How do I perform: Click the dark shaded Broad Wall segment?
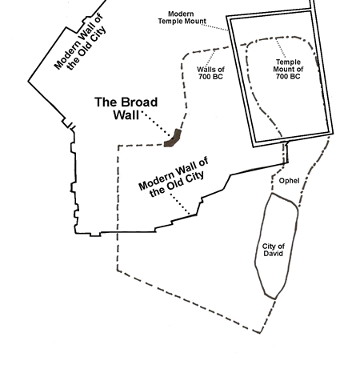[x=173, y=138]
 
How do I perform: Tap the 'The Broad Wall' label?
[x=126, y=109]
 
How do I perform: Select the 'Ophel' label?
[x=289, y=181]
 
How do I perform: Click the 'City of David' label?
[x=274, y=250]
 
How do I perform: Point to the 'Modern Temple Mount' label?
[x=182, y=18]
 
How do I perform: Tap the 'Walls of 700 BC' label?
[x=210, y=73]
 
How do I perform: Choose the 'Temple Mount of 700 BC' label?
[x=288, y=69]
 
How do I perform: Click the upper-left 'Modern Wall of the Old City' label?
[x=80, y=42]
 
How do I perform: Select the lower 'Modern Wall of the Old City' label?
[x=174, y=177]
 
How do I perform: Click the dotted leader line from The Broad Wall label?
[x=157, y=124]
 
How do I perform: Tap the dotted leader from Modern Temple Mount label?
[x=214, y=27]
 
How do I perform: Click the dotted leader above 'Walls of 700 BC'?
[x=211, y=58]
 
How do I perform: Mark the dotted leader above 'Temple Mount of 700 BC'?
[x=281, y=48]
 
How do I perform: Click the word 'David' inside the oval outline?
[x=274, y=253]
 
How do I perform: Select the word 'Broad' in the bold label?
[x=138, y=102]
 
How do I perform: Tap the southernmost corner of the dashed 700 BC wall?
[x=260, y=333]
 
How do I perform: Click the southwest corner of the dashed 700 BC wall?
[x=118, y=271]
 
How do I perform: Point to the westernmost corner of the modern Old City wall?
[x=29, y=81]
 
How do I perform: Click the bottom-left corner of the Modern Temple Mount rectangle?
[x=254, y=146]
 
